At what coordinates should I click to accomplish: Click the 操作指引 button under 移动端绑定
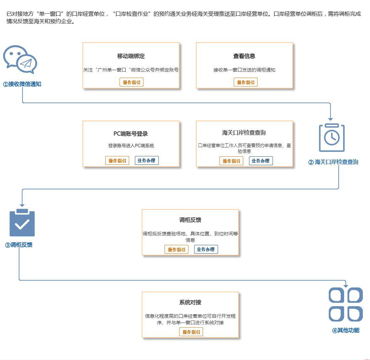click(x=132, y=82)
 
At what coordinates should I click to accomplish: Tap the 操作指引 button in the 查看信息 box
click(x=246, y=82)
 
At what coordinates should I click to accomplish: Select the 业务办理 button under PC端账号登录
click(x=147, y=160)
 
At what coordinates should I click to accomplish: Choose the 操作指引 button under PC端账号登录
click(x=117, y=161)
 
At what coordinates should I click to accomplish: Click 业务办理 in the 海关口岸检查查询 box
click(x=261, y=161)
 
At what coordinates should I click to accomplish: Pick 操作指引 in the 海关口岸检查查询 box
click(x=231, y=161)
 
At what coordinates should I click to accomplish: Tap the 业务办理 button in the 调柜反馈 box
click(x=206, y=249)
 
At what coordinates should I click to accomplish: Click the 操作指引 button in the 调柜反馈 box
click(x=176, y=249)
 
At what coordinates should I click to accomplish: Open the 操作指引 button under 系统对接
click(x=191, y=332)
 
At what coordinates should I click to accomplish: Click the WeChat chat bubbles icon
click(x=20, y=59)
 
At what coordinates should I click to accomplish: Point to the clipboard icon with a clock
click(x=332, y=138)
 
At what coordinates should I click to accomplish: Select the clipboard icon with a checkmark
click(x=22, y=222)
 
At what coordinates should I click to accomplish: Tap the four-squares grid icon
click(x=346, y=304)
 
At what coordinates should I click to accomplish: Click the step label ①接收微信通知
click(x=22, y=84)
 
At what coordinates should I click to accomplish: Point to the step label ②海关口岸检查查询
click(x=333, y=162)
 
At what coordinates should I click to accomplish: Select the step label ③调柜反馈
click(x=19, y=245)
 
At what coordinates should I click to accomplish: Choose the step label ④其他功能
click(x=346, y=330)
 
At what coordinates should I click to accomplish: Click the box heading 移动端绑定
click(x=131, y=56)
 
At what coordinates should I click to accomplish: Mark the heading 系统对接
click(x=190, y=302)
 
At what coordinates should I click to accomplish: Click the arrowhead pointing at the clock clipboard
click(x=330, y=119)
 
